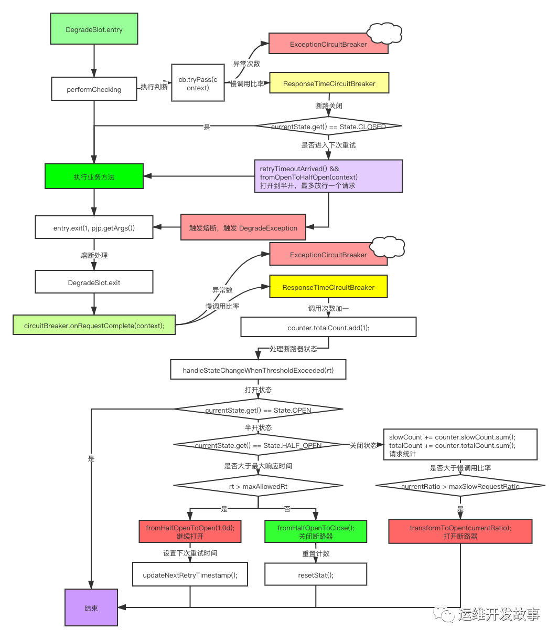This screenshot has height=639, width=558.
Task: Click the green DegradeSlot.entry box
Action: tap(94, 29)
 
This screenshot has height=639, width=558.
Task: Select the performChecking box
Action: tap(94, 89)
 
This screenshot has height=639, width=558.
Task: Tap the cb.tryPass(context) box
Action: tap(198, 83)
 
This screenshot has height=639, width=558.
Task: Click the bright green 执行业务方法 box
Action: tap(94, 176)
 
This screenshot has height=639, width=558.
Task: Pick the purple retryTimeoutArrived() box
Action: tap(328, 176)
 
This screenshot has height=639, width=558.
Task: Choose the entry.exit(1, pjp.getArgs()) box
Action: tap(94, 227)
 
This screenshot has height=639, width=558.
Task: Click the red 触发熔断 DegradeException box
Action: tap(243, 227)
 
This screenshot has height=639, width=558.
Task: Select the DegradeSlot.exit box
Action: tap(94, 282)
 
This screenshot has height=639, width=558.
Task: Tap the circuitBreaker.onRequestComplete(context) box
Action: tap(94, 325)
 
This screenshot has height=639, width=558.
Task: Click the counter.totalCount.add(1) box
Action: tap(328, 327)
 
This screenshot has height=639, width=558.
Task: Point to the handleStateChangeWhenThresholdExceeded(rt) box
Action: tap(258, 370)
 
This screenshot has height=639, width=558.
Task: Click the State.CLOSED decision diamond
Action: tap(328, 126)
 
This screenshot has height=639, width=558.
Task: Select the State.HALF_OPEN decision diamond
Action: tap(258, 444)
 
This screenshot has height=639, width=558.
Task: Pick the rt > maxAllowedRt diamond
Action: tap(258, 486)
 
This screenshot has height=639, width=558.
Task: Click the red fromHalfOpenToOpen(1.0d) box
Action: tap(190, 531)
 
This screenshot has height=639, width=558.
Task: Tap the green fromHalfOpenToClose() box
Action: tap(316, 531)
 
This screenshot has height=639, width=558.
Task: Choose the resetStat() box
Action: tap(316, 574)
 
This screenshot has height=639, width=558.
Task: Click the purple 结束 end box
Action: tap(91, 607)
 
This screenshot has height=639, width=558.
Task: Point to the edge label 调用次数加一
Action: tap(328, 308)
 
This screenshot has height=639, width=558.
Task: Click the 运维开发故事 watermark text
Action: tap(499, 614)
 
